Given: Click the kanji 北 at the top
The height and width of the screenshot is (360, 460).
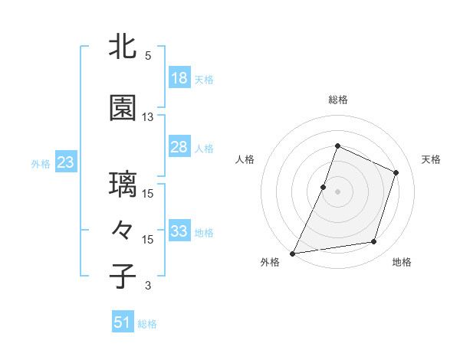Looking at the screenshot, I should click(x=123, y=47).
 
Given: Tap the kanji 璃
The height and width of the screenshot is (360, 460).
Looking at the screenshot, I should click(x=123, y=185).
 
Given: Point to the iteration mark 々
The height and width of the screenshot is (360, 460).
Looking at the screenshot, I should click(x=123, y=230).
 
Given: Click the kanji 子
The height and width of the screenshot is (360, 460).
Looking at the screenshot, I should click(x=123, y=276).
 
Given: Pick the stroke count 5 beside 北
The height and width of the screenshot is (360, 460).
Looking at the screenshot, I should click(x=148, y=56).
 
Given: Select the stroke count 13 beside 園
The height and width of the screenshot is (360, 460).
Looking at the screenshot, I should click(x=148, y=117).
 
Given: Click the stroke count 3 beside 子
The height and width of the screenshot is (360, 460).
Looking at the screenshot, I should click(x=148, y=286).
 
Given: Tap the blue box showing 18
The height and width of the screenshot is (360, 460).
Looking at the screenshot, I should click(x=179, y=78).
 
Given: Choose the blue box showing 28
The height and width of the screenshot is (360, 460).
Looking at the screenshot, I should click(x=179, y=147).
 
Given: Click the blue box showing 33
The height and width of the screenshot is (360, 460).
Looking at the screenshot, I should click(x=179, y=231).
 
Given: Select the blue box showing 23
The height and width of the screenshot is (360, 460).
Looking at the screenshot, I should click(x=65, y=162).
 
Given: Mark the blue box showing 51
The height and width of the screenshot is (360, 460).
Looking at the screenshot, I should click(x=123, y=322).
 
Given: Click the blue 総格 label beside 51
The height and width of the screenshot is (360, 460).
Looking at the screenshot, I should click(x=147, y=324).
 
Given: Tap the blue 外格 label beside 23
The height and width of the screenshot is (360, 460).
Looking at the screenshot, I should click(x=41, y=163).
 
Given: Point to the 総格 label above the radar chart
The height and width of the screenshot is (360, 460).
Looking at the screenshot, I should click(x=337, y=100).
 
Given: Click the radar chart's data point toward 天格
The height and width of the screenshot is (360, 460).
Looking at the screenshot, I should click(x=396, y=172).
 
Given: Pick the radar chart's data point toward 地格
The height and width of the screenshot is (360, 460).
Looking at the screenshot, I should click(x=374, y=242).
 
